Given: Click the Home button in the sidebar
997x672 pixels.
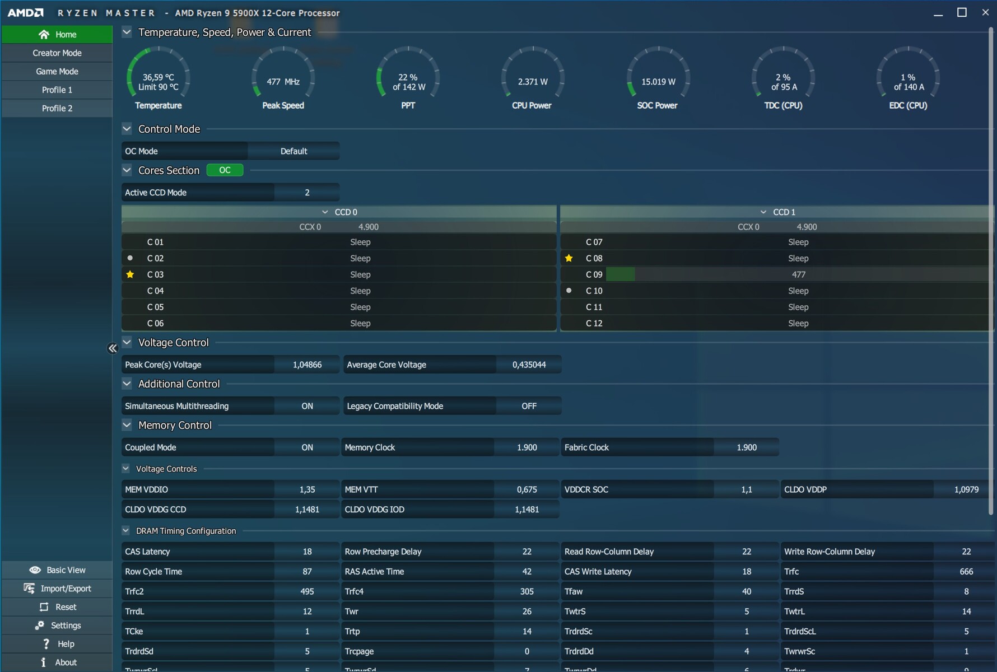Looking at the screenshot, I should click(x=57, y=34).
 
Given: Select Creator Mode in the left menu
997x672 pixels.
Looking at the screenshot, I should click(x=57, y=53).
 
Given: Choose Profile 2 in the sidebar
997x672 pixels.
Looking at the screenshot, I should click(x=57, y=108).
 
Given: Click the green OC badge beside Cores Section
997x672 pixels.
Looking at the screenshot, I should click(x=225, y=170).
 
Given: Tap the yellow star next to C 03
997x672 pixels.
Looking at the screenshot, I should click(x=130, y=274).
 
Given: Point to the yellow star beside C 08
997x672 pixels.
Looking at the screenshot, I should click(x=569, y=258).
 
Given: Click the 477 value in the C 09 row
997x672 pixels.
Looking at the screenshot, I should click(x=798, y=274).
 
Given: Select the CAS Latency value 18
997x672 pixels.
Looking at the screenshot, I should click(x=307, y=552).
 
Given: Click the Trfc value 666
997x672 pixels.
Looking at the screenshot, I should click(x=966, y=572).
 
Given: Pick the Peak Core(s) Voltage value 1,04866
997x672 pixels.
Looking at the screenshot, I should click(x=307, y=365).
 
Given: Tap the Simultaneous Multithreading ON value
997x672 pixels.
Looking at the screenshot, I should click(x=307, y=406).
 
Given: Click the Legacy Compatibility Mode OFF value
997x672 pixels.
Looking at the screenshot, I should click(x=529, y=406).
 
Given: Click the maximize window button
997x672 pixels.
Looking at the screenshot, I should click(x=962, y=12).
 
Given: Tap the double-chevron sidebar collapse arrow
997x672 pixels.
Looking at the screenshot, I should click(x=113, y=348).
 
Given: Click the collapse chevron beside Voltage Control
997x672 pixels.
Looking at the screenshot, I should click(x=127, y=342).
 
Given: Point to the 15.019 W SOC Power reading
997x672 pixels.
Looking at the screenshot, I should click(x=658, y=82).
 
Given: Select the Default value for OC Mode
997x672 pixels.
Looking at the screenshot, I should click(x=293, y=151).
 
